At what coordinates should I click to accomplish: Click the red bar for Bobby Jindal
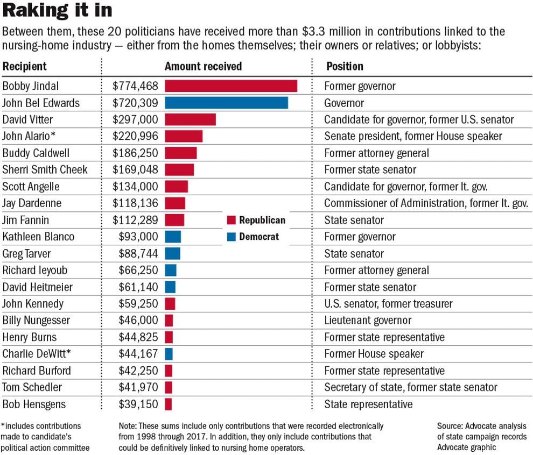[x=231, y=86]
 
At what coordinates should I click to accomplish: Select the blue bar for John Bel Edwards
[x=226, y=103]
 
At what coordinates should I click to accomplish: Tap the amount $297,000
[x=135, y=119]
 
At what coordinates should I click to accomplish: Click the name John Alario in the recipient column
[x=26, y=136]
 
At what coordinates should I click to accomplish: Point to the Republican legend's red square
[x=231, y=220]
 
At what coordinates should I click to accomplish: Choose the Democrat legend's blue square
[x=231, y=237]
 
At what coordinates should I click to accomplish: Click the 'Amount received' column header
[x=204, y=66]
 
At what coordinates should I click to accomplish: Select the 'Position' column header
[x=345, y=66]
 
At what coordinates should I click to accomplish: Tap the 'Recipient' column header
[x=24, y=67]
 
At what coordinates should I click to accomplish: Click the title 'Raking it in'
[x=57, y=10]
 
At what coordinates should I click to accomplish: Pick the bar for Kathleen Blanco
[x=173, y=237]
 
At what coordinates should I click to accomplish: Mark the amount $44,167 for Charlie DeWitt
[x=138, y=354]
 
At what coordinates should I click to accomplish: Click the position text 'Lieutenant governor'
[x=368, y=320]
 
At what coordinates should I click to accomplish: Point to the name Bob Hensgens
[x=34, y=404]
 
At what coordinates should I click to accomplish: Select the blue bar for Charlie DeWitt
[x=169, y=354]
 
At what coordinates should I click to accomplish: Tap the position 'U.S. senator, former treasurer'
[x=389, y=303]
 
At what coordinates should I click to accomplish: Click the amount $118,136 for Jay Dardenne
[x=135, y=203]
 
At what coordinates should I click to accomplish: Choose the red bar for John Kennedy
[x=170, y=303]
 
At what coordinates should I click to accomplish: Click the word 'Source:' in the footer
[x=450, y=426]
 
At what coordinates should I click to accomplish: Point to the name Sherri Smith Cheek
[x=45, y=169]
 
